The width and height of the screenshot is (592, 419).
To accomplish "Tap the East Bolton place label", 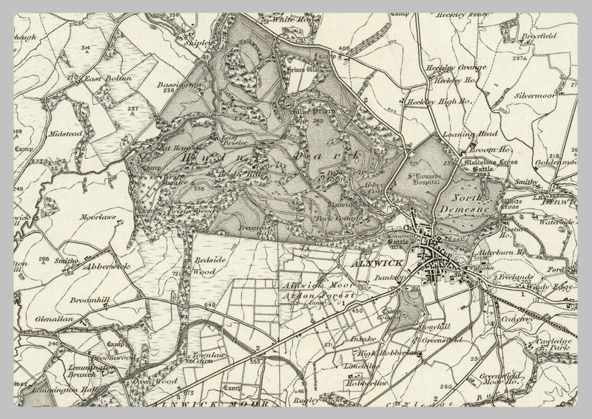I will coord(107,78).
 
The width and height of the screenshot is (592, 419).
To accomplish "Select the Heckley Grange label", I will coord(445,68).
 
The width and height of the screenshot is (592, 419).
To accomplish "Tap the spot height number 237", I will coord(132,109).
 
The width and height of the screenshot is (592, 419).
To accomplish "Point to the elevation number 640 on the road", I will coord(210,304).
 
